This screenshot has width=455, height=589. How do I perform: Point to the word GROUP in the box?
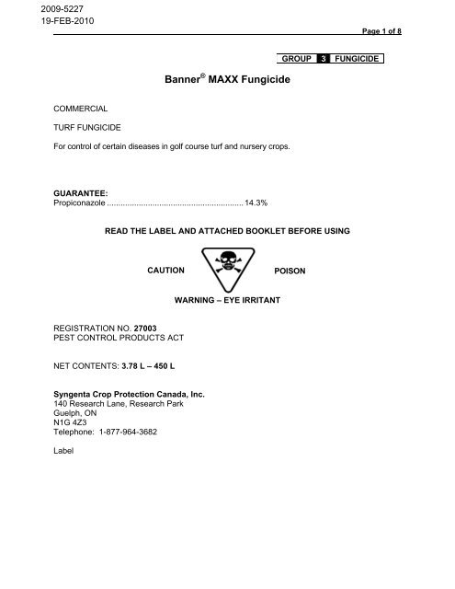tap(296, 59)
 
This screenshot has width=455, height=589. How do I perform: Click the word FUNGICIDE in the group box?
tap(356, 59)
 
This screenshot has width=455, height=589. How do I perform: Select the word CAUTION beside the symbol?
tap(165, 271)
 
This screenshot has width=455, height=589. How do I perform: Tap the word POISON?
tap(291, 272)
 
